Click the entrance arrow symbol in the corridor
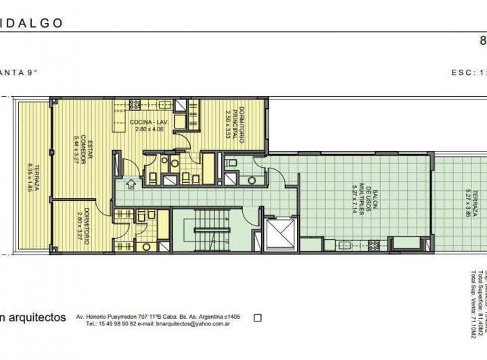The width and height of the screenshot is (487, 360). point(131,181)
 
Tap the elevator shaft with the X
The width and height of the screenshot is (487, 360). point(280,234)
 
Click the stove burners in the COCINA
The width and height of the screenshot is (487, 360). point(134,105)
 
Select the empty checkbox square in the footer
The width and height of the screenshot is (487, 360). point(257,317)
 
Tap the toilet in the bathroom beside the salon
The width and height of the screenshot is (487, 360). point(252,180)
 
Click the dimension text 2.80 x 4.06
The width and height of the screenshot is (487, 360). point(149,129)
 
